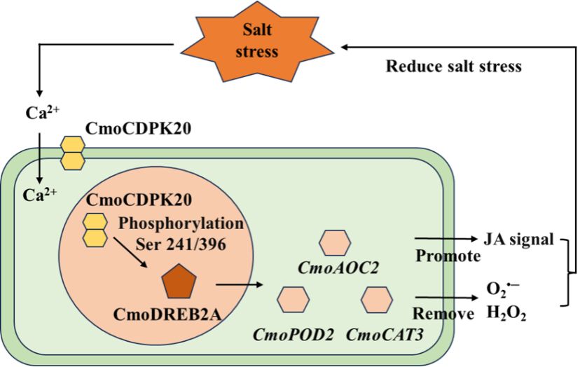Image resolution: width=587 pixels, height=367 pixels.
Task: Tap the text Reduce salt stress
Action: [x=454, y=67]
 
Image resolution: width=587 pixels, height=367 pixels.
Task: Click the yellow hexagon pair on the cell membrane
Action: [x=73, y=153]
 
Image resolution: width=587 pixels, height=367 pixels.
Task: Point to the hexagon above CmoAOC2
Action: [x=334, y=242]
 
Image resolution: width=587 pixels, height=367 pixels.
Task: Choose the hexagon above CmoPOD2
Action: [x=293, y=299]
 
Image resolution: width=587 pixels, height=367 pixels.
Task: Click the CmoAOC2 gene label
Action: [x=334, y=270]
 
